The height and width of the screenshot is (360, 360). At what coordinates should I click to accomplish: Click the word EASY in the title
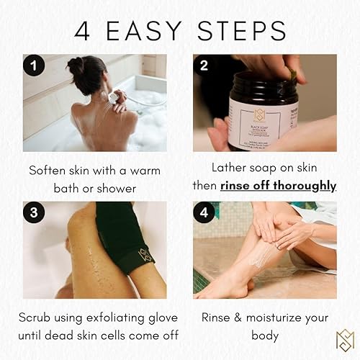point(150,31)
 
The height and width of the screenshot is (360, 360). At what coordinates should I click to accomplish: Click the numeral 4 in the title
point(83,31)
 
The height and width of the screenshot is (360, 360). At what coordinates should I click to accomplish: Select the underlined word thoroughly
point(300,185)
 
